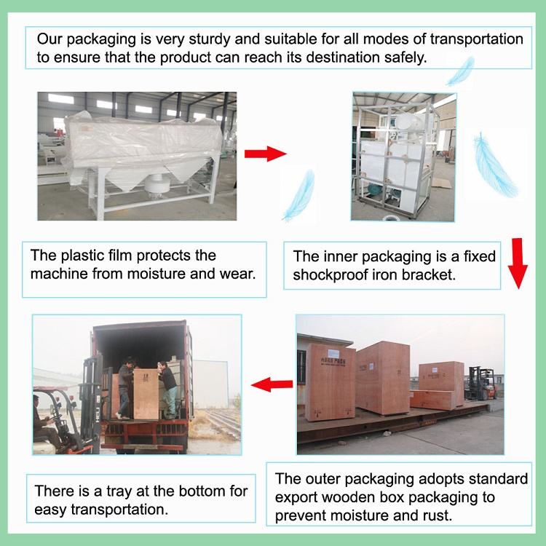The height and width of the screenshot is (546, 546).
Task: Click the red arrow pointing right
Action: (264, 154)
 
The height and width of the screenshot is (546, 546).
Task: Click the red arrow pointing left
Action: (266, 384)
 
